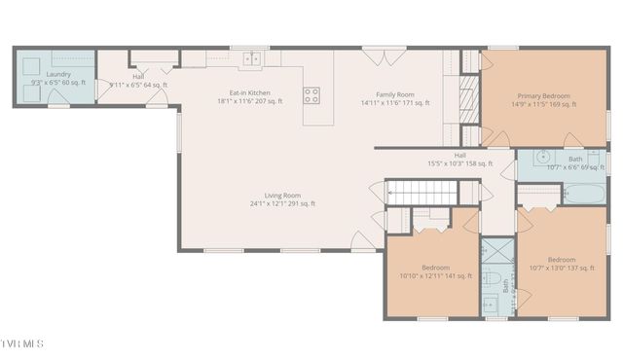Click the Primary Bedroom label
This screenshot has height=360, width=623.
click(x=543, y=100)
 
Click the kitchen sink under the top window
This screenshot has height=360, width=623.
click(x=251, y=59)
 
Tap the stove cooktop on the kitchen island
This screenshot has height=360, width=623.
click(x=311, y=95)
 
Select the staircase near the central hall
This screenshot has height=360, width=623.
click(x=421, y=193)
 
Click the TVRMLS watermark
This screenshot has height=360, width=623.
click(x=22, y=344)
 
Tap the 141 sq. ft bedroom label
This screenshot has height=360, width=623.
click(x=435, y=271)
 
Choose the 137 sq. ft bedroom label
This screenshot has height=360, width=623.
click(x=561, y=264)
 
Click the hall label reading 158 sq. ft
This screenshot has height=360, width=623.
click(x=459, y=160)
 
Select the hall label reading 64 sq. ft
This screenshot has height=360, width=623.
click(x=138, y=80)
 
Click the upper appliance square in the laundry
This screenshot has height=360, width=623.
click(x=31, y=65)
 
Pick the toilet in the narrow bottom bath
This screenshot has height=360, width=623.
click(x=495, y=281)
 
